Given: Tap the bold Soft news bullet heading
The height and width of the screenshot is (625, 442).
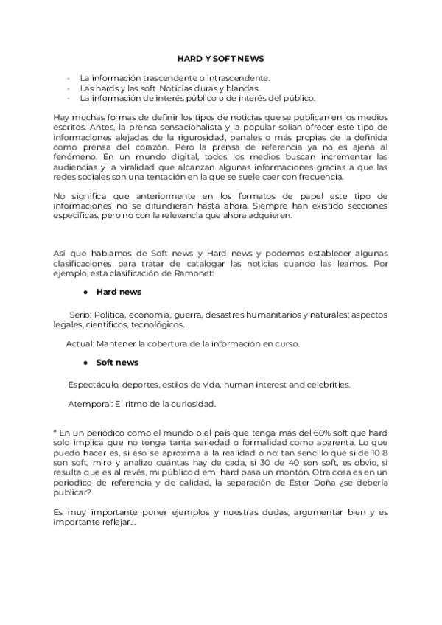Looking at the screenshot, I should [x=117, y=363].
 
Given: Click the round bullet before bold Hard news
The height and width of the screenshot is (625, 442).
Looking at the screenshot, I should [x=86, y=293].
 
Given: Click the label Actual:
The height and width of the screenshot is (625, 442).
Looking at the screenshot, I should [x=80, y=343].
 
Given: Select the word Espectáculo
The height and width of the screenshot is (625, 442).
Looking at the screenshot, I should [x=93, y=385].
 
